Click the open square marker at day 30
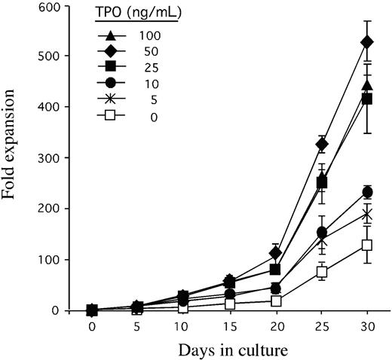tap(367, 245)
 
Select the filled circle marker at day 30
tap(367, 193)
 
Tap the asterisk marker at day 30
tap(367, 215)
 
